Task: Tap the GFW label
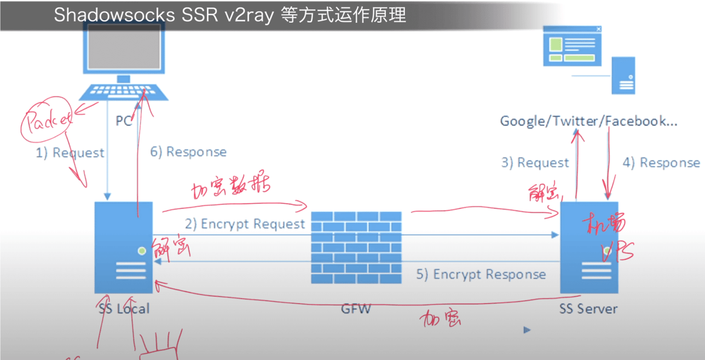click(x=356, y=309)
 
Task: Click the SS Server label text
click(x=588, y=309)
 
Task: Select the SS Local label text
click(x=124, y=309)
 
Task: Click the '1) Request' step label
click(x=70, y=153)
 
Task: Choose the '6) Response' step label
click(x=188, y=152)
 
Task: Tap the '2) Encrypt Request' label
click(x=245, y=224)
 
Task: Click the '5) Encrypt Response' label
click(x=481, y=274)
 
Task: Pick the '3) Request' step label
click(x=535, y=163)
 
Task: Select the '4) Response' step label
click(x=661, y=163)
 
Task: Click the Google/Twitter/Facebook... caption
click(x=588, y=121)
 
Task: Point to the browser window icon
click(x=573, y=45)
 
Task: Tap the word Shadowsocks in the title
click(x=114, y=15)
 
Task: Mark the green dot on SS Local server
click(x=141, y=251)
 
